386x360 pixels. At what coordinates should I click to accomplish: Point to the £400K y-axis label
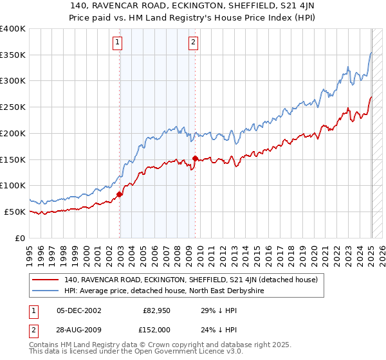pos(13,29)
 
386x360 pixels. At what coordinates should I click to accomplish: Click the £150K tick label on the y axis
pos(13,159)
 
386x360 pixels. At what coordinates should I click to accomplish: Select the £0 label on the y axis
pos(19,238)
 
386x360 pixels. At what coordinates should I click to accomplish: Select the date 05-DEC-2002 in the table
pos(78,310)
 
